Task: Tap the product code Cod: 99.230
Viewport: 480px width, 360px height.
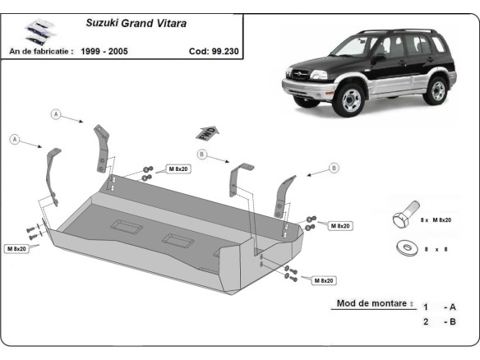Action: click(213, 50)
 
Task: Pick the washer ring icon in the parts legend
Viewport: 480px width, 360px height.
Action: click(404, 246)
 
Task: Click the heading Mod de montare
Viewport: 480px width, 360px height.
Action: click(371, 303)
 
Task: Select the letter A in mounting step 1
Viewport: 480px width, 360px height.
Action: click(451, 307)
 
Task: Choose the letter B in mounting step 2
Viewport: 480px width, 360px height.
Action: click(451, 321)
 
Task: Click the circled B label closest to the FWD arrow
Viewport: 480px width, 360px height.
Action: click(200, 154)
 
